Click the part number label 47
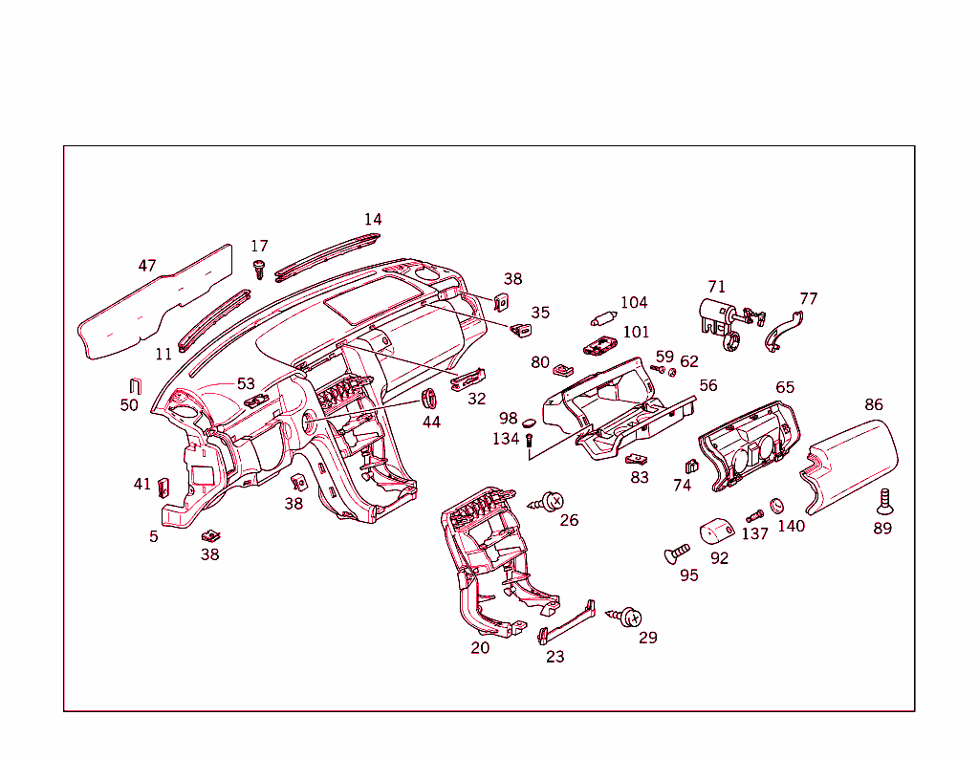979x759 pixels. [146, 266]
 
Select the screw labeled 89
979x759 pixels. [884, 500]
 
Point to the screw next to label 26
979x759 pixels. [551, 500]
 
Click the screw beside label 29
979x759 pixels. [628, 617]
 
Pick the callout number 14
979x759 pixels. [372, 219]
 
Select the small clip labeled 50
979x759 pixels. [135, 386]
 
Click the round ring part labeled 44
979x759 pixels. [430, 398]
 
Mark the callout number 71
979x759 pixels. [716, 287]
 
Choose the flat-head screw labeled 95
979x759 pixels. [677, 553]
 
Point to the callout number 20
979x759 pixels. [480, 648]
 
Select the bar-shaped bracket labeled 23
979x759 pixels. [567, 622]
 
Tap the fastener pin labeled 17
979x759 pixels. [258, 269]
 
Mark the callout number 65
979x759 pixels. [784, 387]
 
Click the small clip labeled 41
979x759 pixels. [163, 488]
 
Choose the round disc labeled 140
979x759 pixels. [777, 506]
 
